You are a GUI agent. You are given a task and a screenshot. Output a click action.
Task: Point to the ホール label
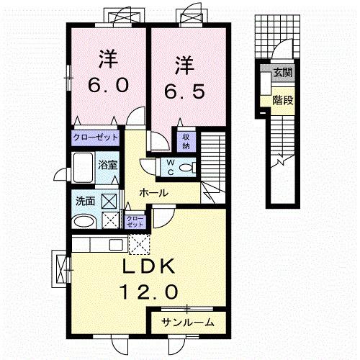coord(154,193)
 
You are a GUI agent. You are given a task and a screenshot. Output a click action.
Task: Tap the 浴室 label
coord(107,163)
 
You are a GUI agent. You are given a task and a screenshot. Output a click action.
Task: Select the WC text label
coord(171,168)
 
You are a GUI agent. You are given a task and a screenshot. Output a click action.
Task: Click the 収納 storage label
coord(185,138)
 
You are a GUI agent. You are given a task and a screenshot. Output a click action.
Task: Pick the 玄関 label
coord(282,73)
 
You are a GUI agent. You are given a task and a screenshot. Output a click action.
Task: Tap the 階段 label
coord(282,100)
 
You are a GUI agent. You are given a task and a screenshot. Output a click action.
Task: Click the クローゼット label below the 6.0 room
coord(94,137)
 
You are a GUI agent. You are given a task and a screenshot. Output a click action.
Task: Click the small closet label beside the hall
coord(134,221)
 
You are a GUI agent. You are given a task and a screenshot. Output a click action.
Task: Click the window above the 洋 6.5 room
coord(193,13)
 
